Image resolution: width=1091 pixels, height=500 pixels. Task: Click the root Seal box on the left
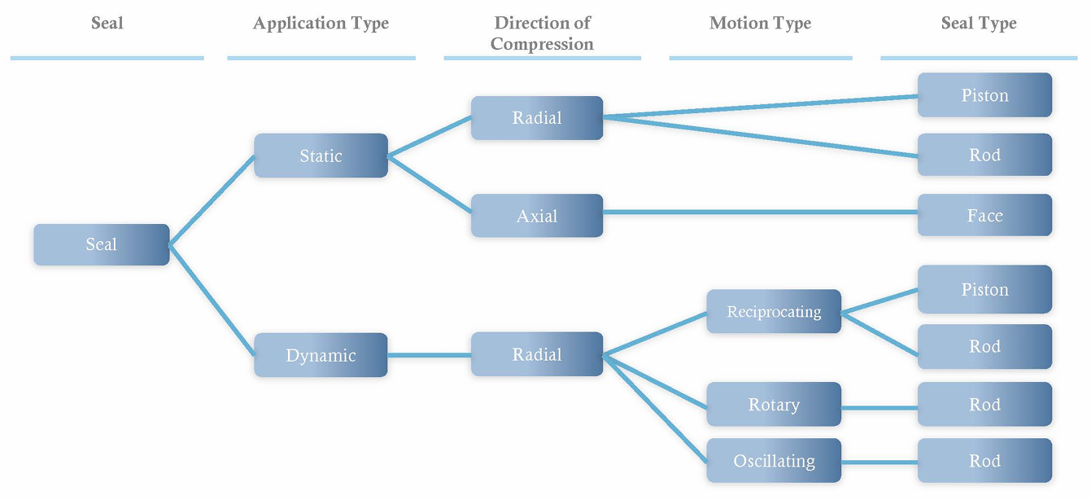[x=102, y=244]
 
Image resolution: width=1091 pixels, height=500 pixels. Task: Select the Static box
[x=321, y=156]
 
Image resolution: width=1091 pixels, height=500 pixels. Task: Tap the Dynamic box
[x=321, y=355]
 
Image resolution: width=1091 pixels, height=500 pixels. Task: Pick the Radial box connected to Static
[x=537, y=117]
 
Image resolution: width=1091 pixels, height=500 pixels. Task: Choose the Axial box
[x=537, y=216]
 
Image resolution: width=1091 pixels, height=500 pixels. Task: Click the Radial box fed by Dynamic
[x=537, y=354]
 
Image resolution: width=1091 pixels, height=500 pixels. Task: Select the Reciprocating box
[x=774, y=312]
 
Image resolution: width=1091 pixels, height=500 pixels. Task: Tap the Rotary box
[x=774, y=405]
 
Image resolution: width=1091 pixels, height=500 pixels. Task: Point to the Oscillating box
[x=774, y=461]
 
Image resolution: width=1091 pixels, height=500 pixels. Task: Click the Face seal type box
[x=984, y=216]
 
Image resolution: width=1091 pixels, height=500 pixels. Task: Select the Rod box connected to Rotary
[x=984, y=405]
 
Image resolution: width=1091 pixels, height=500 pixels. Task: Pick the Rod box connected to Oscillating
[x=984, y=461]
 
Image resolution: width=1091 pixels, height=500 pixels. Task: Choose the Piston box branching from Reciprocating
[x=984, y=289]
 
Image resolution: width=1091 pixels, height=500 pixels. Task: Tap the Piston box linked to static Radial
[x=984, y=95]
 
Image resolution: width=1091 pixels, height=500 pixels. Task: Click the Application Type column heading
[x=321, y=24]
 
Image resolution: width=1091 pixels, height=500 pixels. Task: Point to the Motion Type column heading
[x=760, y=24]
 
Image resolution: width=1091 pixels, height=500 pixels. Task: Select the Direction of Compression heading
[x=542, y=33]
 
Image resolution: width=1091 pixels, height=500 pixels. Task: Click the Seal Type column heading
[x=979, y=24]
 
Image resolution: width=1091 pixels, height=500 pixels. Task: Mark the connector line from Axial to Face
[x=761, y=213]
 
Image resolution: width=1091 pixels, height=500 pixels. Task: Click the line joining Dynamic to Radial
[x=430, y=355]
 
